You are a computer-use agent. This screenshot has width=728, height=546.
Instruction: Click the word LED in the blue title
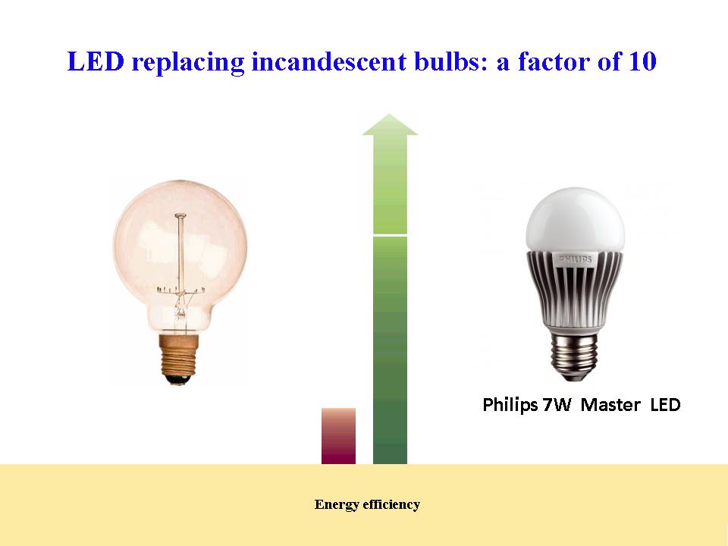click(96, 61)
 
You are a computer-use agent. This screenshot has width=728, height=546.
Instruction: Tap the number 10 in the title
click(642, 61)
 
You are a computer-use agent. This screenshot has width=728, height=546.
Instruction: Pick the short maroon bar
click(338, 436)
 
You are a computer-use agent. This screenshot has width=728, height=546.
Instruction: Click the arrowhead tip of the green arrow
click(390, 114)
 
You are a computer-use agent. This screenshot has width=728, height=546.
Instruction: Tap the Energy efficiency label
click(367, 504)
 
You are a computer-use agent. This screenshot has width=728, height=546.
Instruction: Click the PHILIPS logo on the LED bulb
click(576, 259)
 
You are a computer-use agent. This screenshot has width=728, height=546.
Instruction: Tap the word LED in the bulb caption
click(665, 405)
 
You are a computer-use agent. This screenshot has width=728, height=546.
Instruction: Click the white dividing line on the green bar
click(390, 235)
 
